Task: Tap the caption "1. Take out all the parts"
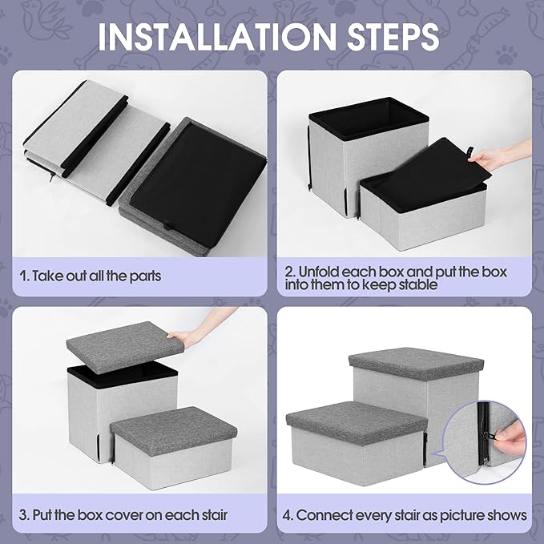[x=91, y=276]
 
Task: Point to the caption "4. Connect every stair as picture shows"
[x=411, y=514]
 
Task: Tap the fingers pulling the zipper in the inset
[x=502, y=433]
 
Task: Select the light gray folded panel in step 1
[x=88, y=124]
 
